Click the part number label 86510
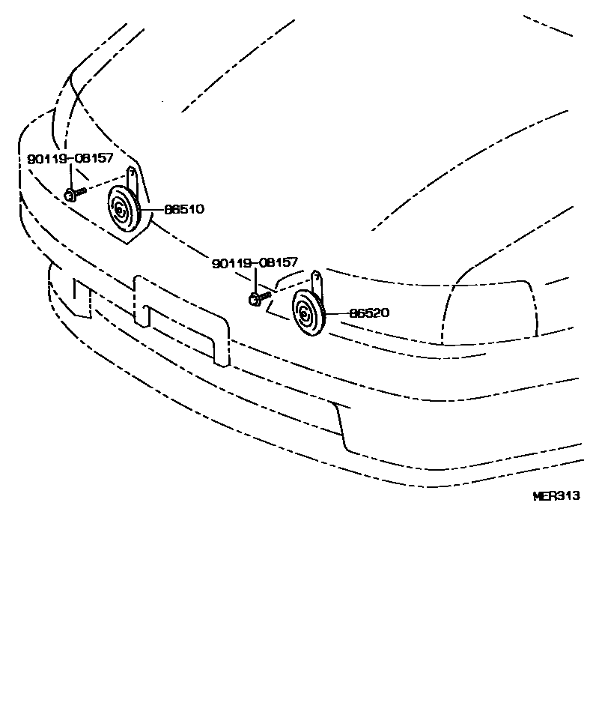pyautogui.click(x=180, y=209)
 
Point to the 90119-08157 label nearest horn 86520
pyautogui.click(x=255, y=263)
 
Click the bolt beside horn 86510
pyautogui.click(x=73, y=194)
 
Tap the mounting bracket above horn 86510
pyautogui.click(x=132, y=178)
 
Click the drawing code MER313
pyautogui.click(x=556, y=495)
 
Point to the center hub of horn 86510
pyautogui.click(x=118, y=211)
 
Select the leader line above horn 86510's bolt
pyautogui.click(x=70, y=178)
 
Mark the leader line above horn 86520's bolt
pyautogui.click(x=255, y=281)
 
